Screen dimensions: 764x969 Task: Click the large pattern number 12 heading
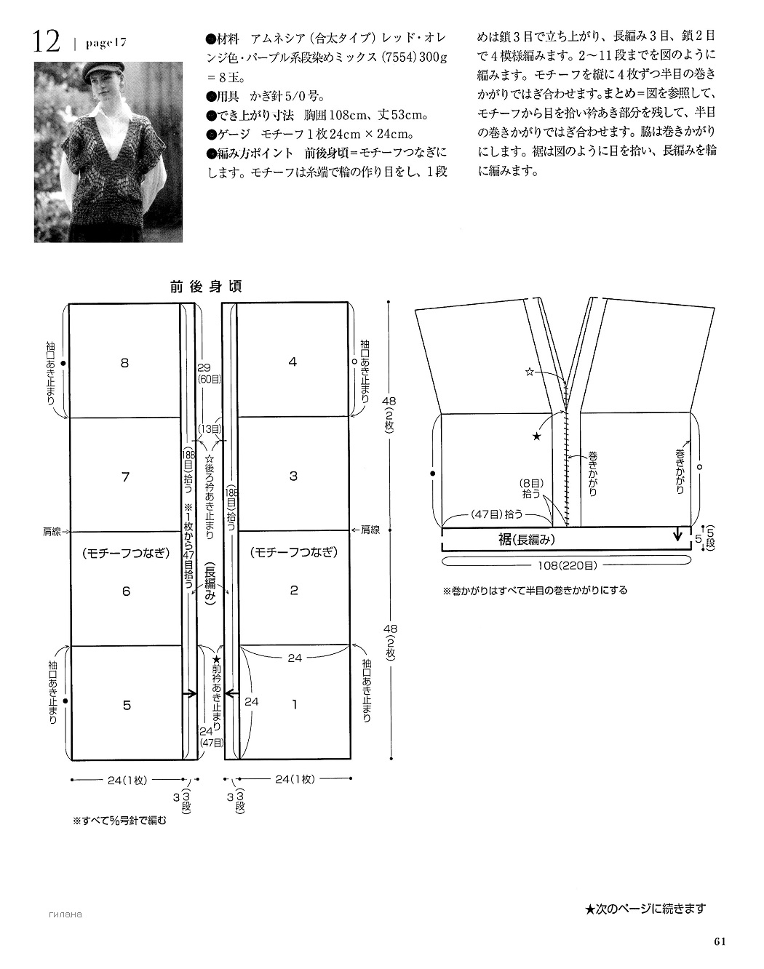pyautogui.click(x=46, y=42)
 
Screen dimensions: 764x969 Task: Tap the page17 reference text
pyautogui.click(x=106, y=43)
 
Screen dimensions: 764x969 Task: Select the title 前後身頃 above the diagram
pyautogui.click(x=206, y=287)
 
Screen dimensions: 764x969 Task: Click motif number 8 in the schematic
pyautogui.click(x=124, y=363)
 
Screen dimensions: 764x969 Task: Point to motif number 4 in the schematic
pyautogui.click(x=293, y=362)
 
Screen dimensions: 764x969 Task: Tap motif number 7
pyautogui.click(x=126, y=476)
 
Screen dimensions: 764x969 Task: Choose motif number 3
pyautogui.click(x=294, y=476)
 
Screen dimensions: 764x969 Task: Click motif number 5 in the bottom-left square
pyautogui.click(x=127, y=705)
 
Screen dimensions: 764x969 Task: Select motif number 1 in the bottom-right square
pyautogui.click(x=295, y=704)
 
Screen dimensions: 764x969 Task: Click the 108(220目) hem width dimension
pyautogui.click(x=567, y=566)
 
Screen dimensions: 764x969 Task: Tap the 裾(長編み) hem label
pyautogui.click(x=527, y=540)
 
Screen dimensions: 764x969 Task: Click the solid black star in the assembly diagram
pyautogui.click(x=536, y=436)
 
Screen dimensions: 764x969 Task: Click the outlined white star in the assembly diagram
pyautogui.click(x=530, y=372)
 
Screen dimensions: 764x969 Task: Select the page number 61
pyautogui.click(x=720, y=941)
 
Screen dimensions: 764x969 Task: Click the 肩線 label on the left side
pyautogui.click(x=52, y=532)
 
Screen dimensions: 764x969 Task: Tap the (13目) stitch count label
pyautogui.click(x=210, y=428)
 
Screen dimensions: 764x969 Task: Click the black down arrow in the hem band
pyautogui.click(x=678, y=535)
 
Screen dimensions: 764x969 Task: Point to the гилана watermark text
pyautogui.click(x=65, y=914)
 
